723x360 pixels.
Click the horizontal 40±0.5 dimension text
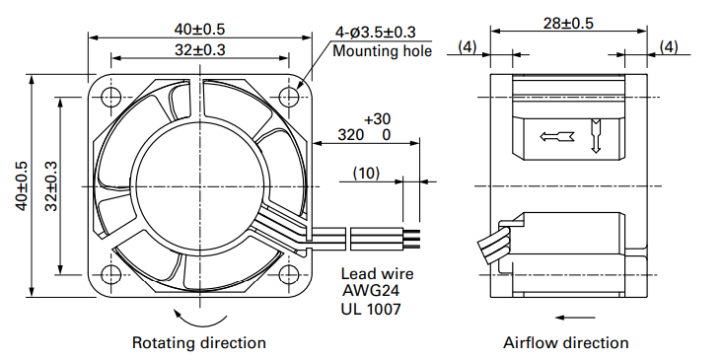click(199, 29)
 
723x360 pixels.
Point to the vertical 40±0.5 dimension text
click(22, 186)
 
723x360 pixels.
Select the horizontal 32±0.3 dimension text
click(199, 49)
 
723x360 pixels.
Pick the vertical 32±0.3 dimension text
click(50, 186)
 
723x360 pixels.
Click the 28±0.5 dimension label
click(568, 23)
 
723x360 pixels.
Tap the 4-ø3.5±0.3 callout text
click(376, 33)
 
